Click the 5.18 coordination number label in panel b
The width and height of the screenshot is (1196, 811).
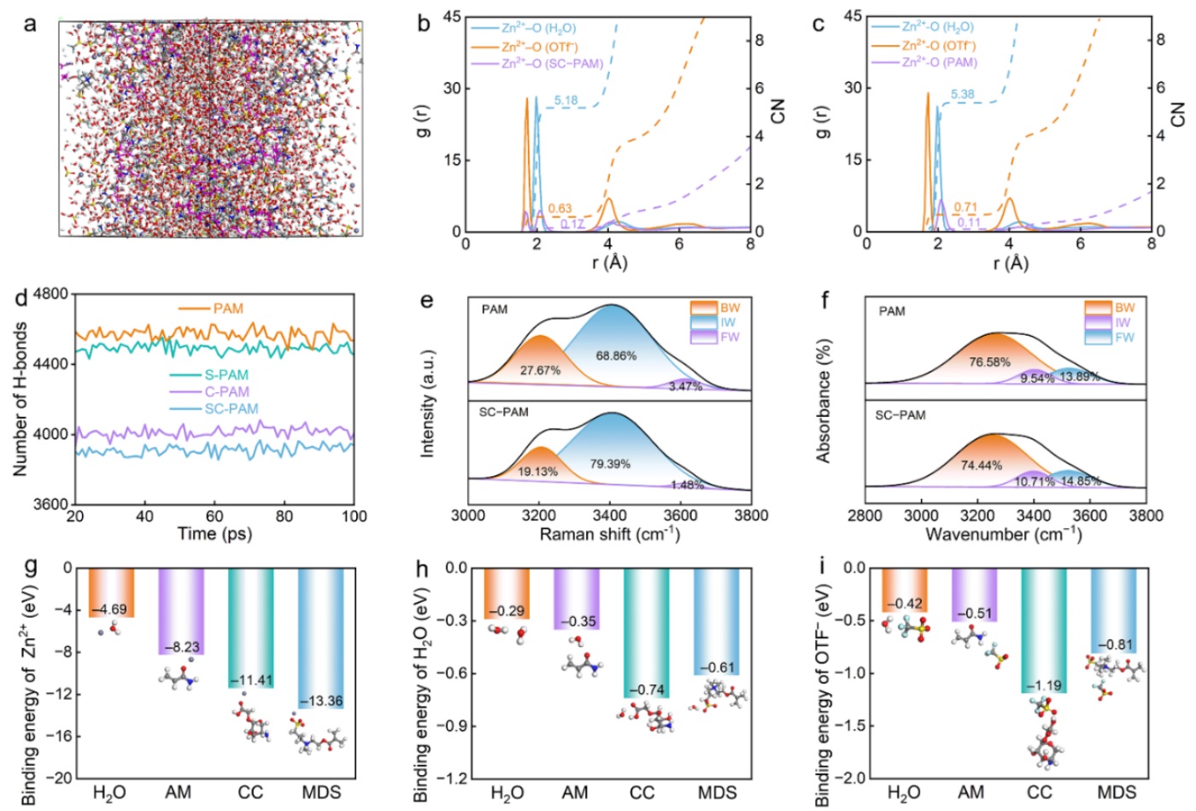pos(566,101)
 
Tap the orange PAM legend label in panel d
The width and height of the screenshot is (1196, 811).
pos(228,309)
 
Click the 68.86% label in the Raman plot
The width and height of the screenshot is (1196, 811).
pos(616,356)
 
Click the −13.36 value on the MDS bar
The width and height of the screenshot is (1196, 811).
pos(321,702)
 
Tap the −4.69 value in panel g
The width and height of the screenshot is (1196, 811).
pos(111,609)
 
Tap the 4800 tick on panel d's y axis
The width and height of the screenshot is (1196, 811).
pos(52,294)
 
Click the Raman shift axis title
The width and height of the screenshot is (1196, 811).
pos(609,534)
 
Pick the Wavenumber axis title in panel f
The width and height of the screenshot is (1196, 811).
pos(1004,534)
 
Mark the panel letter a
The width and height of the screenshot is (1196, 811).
pos(31,24)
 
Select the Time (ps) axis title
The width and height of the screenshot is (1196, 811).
pos(214,534)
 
